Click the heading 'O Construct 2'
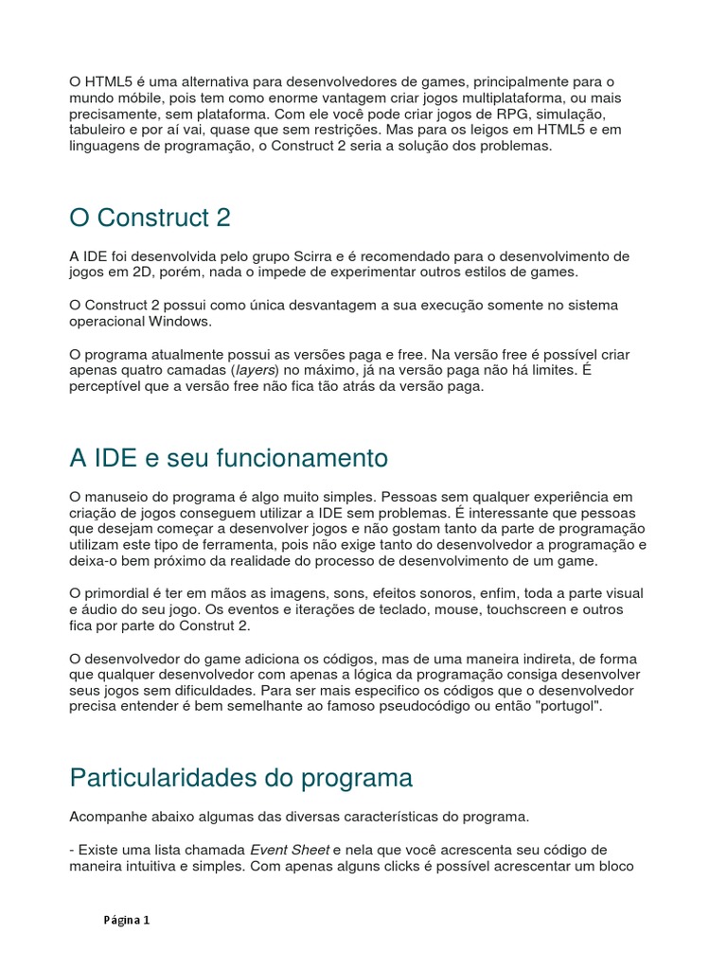[x=150, y=218]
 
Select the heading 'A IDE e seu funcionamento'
[x=228, y=458]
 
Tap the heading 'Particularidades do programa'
[x=241, y=778]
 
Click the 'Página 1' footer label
[x=127, y=920]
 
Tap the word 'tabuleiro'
[x=100, y=131]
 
